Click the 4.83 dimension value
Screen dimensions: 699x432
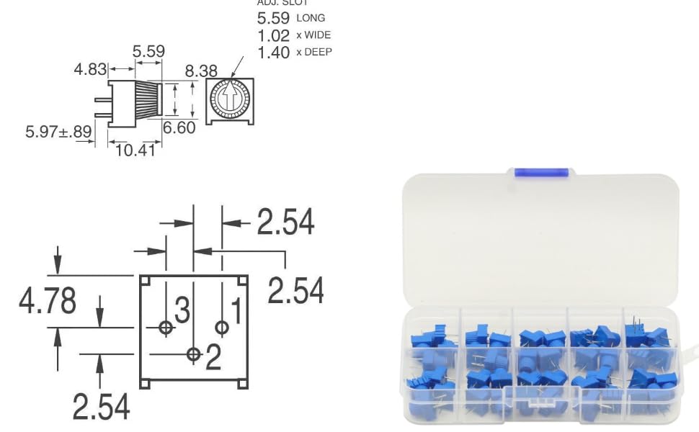(91, 69)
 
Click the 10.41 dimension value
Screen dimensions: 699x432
(135, 150)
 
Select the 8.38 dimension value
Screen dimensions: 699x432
(201, 71)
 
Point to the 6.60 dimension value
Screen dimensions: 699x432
(179, 128)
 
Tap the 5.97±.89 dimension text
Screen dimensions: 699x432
(58, 132)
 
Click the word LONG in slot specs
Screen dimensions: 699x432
(311, 18)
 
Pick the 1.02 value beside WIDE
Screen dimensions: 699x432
(274, 35)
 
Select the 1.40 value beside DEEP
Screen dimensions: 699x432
(274, 53)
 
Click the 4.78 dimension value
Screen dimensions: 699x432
(48, 301)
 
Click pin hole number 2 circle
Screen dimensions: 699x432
(193, 354)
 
